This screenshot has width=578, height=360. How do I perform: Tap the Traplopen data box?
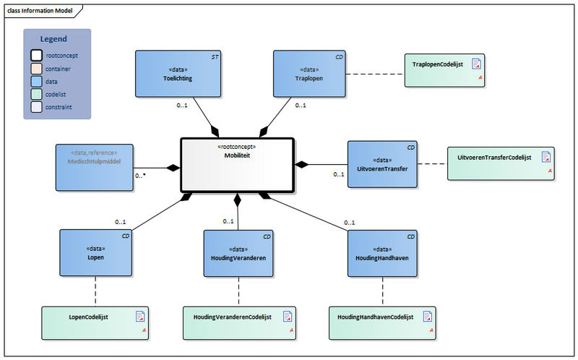(x=309, y=73)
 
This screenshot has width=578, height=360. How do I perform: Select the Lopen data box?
(x=95, y=252)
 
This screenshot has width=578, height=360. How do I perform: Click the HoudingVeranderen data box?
(x=238, y=252)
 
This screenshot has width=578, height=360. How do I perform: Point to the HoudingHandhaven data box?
(x=382, y=252)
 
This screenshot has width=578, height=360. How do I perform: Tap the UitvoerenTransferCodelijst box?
(x=500, y=161)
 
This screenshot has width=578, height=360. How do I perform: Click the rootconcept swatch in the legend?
(x=36, y=55)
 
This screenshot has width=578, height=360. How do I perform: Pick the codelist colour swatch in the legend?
(x=36, y=95)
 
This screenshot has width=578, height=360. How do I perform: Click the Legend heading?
(x=53, y=39)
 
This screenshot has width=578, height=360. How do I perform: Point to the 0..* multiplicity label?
(x=141, y=176)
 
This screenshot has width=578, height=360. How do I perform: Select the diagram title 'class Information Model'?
(x=40, y=9)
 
